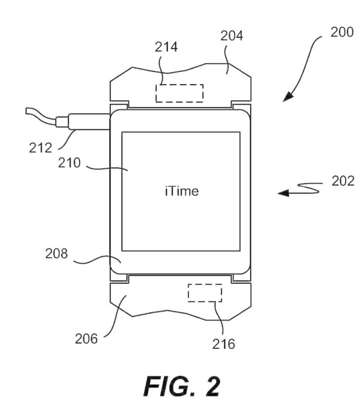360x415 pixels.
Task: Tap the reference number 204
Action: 232,36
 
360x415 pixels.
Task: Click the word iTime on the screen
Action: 181,192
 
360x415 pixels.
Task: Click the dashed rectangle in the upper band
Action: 179,93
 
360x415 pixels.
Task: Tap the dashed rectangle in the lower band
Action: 205,292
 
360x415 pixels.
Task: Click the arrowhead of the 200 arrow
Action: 287,97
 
